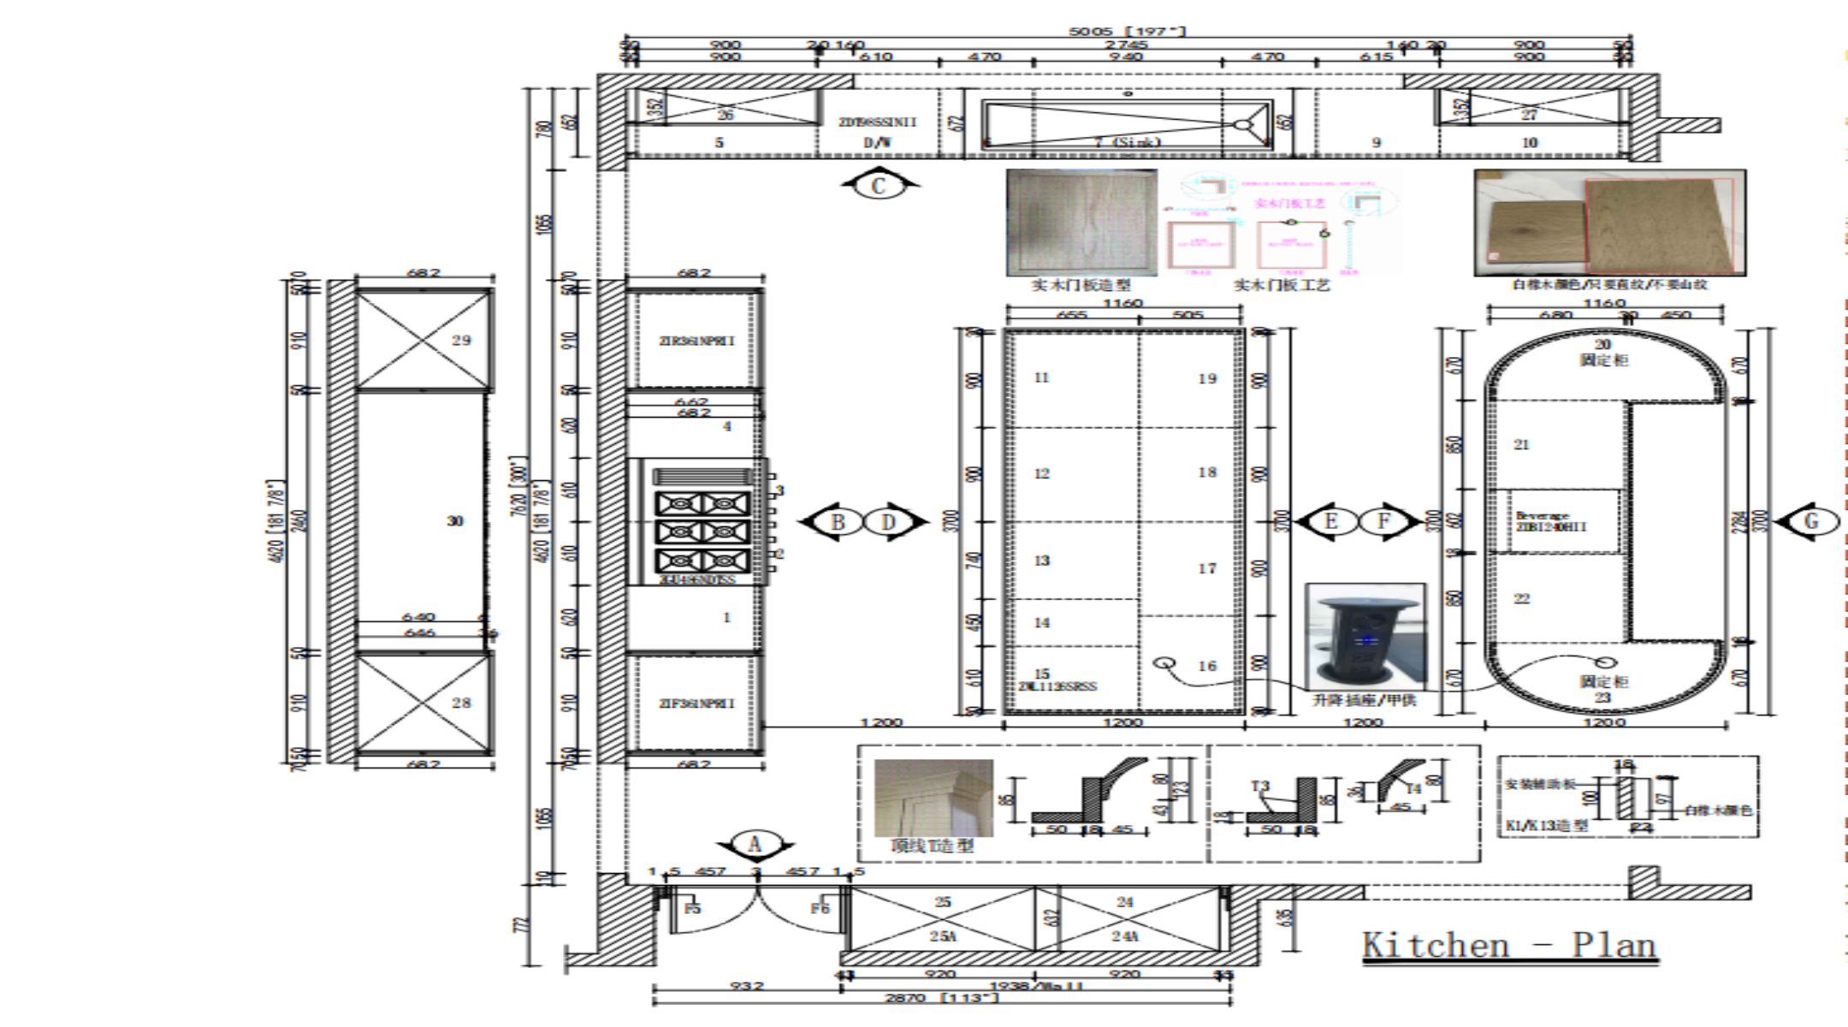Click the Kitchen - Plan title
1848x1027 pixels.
click(1509, 946)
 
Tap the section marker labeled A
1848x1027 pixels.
click(755, 845)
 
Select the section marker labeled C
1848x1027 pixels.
click(879, 185)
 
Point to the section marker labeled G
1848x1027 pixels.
click(1810, 521)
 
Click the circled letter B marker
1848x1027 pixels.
click(838, 521)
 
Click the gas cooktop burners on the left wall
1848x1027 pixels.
click(702, 531)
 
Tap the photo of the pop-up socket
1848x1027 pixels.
click(1365, 638)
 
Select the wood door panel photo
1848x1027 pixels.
click(1081, 223)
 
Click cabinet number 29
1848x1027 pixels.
click(461, 340)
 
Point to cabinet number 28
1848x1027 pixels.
click(461, 703)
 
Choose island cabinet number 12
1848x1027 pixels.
click(1041, 473)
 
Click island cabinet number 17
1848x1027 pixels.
click(1207, 568)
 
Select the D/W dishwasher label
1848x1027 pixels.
click(877, 143)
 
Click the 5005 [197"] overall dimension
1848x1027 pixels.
click(1127, 32)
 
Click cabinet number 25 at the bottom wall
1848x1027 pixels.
click(943, 902)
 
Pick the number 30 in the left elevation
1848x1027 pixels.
click(455, 521)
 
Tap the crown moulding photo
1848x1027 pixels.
click(933, 798)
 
